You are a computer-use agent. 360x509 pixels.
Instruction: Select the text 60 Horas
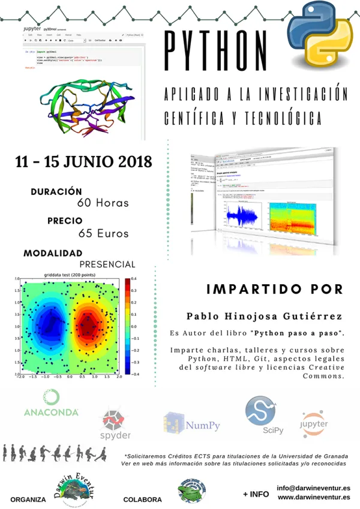tap(103, 203)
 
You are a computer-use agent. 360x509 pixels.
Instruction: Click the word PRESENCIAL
tap(107, 264)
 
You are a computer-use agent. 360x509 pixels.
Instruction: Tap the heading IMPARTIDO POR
tap(275, 289)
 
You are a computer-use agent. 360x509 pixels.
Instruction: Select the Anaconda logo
tap(51, 404)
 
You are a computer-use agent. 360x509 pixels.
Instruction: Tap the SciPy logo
tap(261, 415)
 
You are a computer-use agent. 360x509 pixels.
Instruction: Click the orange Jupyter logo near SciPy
tap(314, 423)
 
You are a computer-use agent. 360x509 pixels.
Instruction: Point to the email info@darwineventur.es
tap(314, 489)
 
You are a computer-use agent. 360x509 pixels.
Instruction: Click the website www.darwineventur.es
tap(314, 497)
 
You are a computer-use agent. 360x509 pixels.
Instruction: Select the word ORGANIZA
tap(28, 499)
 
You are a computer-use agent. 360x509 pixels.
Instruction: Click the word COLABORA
tap(142, 499)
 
